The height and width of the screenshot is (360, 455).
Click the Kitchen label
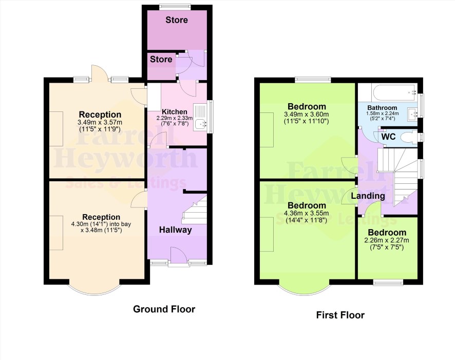tap(175, 111)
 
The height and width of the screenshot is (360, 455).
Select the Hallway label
tap(175, 230)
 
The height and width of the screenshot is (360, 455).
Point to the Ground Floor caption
tap(164, 309)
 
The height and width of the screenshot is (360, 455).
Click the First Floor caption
tap(340, 315)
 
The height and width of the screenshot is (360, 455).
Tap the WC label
tap(388, 137)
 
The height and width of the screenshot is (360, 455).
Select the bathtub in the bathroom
tap(394, 92)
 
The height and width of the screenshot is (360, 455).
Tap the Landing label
tap(368, 196)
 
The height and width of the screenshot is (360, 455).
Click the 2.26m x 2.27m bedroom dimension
tap(387, 240)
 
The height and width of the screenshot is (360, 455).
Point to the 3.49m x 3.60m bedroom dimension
tap(307, 115)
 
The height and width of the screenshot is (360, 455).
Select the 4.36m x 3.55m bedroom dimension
tap(307, 213)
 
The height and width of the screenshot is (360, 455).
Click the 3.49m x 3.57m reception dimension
tap(100, 122)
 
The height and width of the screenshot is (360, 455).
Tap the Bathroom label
tap(382, 108)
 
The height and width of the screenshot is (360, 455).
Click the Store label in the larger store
tap(177, 20)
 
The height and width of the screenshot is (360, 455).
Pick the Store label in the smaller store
tap(161, 60)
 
